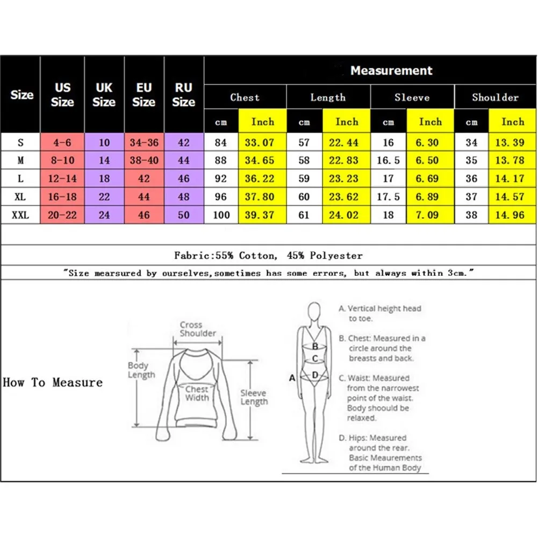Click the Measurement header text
[391, 70]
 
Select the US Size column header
[62, 95]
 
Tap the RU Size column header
[184, 95]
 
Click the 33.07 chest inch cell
[262, 142]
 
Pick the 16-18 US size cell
[62, 197]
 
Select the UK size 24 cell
[104, 215]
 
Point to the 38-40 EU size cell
[144, 161]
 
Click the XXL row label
[20, 215]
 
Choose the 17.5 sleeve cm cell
[388, 197]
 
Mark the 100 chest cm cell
[221, 215]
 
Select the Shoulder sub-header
[495, 97]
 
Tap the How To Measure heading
[53, 383]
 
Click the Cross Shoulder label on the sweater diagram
[197, 329]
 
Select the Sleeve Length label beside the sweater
[254, 397]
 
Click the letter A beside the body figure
[292, 378]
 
